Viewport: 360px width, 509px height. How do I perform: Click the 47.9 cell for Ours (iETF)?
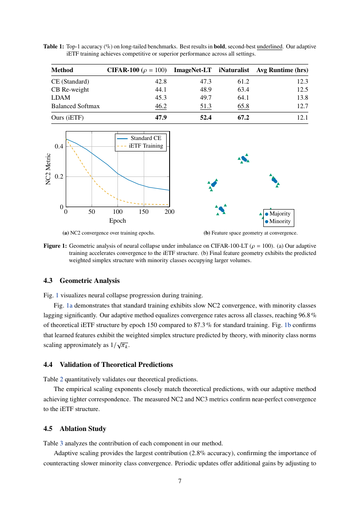[x=161, y=117]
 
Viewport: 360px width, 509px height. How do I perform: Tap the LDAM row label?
[x=61, y=98]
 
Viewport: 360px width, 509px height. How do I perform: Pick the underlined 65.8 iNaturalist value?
[x=243, y=106]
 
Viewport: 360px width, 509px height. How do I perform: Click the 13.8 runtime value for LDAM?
[x=302, y=98]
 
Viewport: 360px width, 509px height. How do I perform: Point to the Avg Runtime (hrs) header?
[x=282, y=70]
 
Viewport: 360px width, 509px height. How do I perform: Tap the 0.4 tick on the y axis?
[x=59, y=146]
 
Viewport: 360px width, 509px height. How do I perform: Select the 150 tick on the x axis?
[x=144, y=212]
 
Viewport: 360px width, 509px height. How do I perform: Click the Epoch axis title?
[x=117, y=221]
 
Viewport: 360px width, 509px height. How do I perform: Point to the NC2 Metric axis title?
[x=48, y=169]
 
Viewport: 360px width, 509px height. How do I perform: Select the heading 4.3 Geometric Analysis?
[x=81, y=281]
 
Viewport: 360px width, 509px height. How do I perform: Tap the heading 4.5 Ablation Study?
[x=75, y=428]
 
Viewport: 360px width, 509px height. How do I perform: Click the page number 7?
[x=180, y=481]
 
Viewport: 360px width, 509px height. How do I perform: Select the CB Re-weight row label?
[x=70, y=89]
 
